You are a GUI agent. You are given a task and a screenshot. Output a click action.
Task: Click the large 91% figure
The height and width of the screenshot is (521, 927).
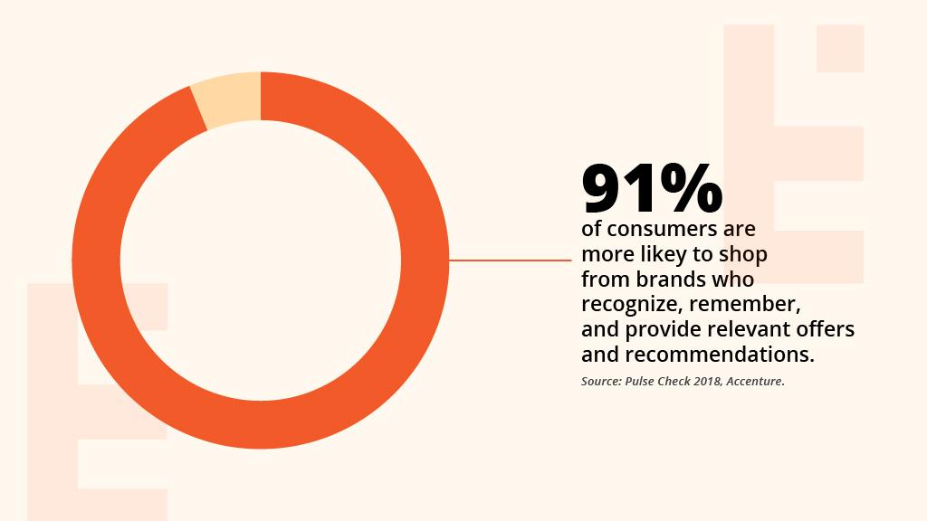(x=652, y=190)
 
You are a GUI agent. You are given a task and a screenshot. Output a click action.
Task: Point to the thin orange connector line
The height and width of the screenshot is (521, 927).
(x=511, y=260)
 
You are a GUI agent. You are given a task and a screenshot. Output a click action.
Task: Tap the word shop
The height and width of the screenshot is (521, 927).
(x=744, y=254)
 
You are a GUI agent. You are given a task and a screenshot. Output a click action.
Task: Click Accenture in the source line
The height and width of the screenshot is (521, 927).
(x=755, y=382)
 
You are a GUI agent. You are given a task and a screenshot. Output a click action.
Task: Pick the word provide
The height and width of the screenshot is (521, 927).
(x=660, y=329)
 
